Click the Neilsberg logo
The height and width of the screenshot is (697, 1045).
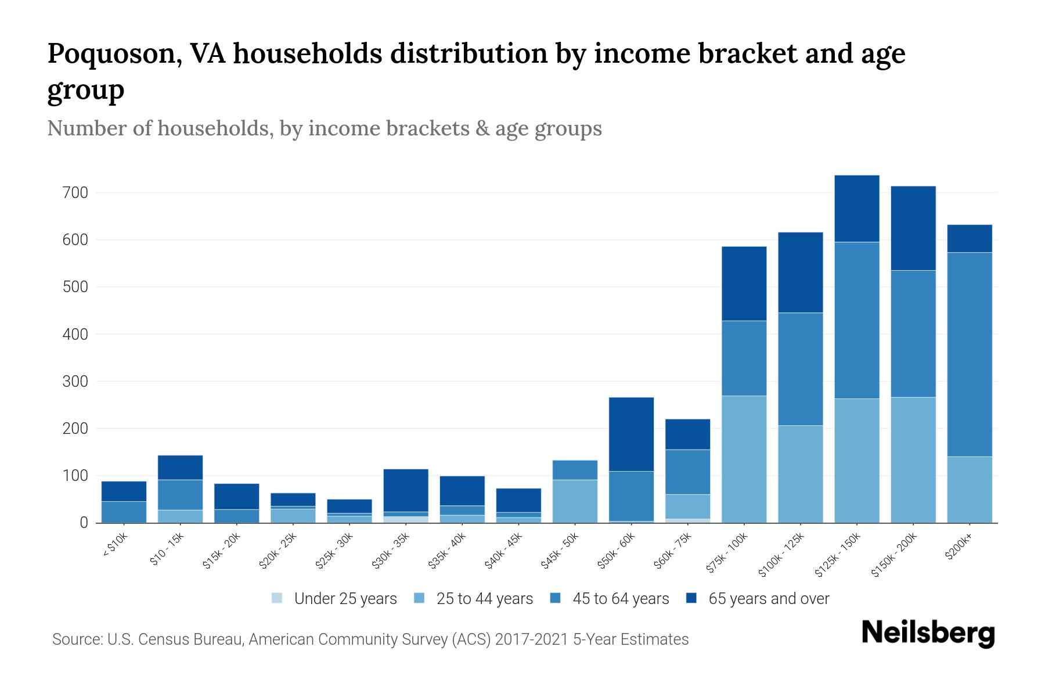click(928, 633)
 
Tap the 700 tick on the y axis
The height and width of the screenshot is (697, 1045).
click(75, 192)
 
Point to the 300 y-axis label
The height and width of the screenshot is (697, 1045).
click(75, 382)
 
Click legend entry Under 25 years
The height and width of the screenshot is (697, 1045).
click(345, 599)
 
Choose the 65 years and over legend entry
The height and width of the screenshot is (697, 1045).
click(768, 599)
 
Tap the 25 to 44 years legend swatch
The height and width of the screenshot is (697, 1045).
click(419, 598)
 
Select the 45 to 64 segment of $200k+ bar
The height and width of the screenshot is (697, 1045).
click(970, 354)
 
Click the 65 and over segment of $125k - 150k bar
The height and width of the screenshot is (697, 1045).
click(857, 209)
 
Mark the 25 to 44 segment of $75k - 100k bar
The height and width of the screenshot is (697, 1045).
click(744, 459)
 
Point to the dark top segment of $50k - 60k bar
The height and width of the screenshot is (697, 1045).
click(631, 434)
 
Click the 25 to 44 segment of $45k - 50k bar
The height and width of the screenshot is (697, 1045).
click(575, 501)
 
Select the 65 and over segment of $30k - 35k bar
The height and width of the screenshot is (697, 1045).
click(406, 490)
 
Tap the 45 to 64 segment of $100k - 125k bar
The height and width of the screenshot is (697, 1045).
click(800, 369)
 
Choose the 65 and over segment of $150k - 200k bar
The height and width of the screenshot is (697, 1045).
click(913, 228)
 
